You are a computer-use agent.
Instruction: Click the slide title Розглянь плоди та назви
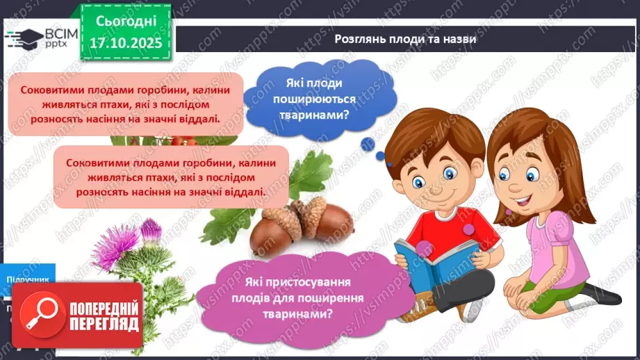click(405, 40)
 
